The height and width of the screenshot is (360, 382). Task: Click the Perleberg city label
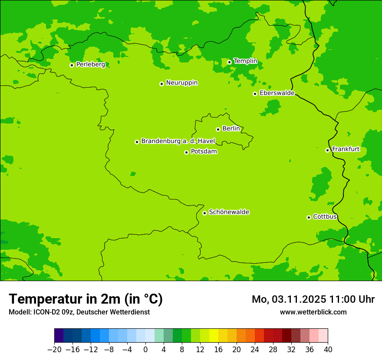90,65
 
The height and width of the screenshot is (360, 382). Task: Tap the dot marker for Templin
229,62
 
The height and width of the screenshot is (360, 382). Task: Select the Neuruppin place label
181,83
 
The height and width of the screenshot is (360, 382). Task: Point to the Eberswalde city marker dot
255,94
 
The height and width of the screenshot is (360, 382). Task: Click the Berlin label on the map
231,129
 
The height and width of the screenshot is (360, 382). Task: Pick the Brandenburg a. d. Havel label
178,141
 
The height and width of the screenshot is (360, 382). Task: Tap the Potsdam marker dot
186,152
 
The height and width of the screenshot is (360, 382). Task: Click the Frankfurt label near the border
346,149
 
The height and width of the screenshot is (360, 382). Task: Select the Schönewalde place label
229,212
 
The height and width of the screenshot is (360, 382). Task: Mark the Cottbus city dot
309,217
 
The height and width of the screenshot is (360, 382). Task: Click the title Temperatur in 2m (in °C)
86,299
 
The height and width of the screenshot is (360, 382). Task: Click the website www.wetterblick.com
313,312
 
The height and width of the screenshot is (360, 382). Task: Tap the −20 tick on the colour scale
54,349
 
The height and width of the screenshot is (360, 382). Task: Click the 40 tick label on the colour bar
328,349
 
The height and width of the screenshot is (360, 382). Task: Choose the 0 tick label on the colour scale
145,349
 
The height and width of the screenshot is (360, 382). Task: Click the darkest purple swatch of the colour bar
59,336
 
